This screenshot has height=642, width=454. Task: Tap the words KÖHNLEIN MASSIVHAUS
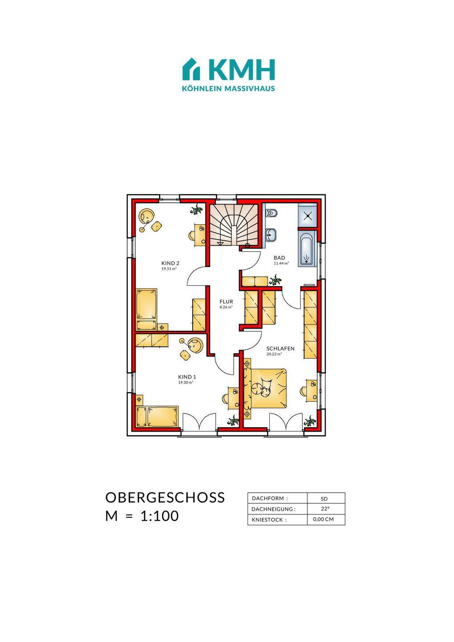pyautogui.click(x=228, y=88)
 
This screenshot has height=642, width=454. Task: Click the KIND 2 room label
pyautogui.click(x=170, y=263)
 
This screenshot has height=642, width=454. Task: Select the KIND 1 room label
pyautogui.click(x=187, y=377)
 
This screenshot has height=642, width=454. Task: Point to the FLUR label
pyautogui.click(x=227, y=301)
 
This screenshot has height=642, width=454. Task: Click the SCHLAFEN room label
pyautogui.click(x=281, y=349)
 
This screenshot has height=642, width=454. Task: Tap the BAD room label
pyautogui.click(x=280, y=258)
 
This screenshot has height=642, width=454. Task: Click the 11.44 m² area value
pyautogui.click(x=281, y=263)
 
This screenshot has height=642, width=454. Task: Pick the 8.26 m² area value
pyautogui.click(x=226, y=307)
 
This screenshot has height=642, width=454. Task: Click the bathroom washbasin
pyautogui.click(x=270, y=235)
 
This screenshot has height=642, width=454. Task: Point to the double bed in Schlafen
pyautogui.click(x=268, y=388)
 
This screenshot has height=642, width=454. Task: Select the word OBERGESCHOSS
pyautogui.click(x=165, y=498)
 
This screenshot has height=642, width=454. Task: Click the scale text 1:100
pyautogui.click(x=159, y=516)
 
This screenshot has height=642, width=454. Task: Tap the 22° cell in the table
pyautogui.click(x=325, y=509)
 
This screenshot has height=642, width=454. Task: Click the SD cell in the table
pyautogui.click(x=324, y=499)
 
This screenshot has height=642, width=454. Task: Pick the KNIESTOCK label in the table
pyautogui.click(x=269, y=520)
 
